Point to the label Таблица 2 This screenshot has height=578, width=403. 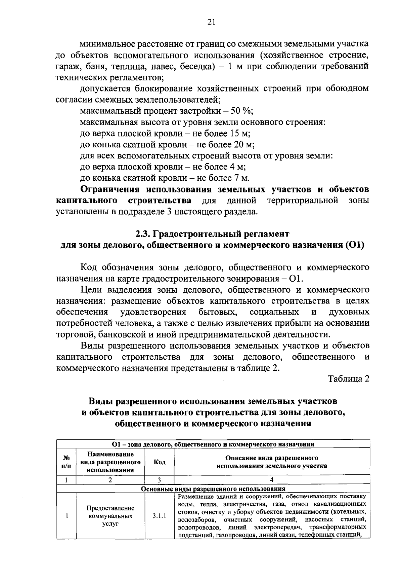click(349, 378)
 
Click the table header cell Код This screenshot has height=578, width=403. click(159, 462)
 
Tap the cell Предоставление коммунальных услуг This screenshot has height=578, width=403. click(110, 515)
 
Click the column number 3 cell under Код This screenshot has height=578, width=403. click(159, 480)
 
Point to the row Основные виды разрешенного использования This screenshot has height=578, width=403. click(213, 489)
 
